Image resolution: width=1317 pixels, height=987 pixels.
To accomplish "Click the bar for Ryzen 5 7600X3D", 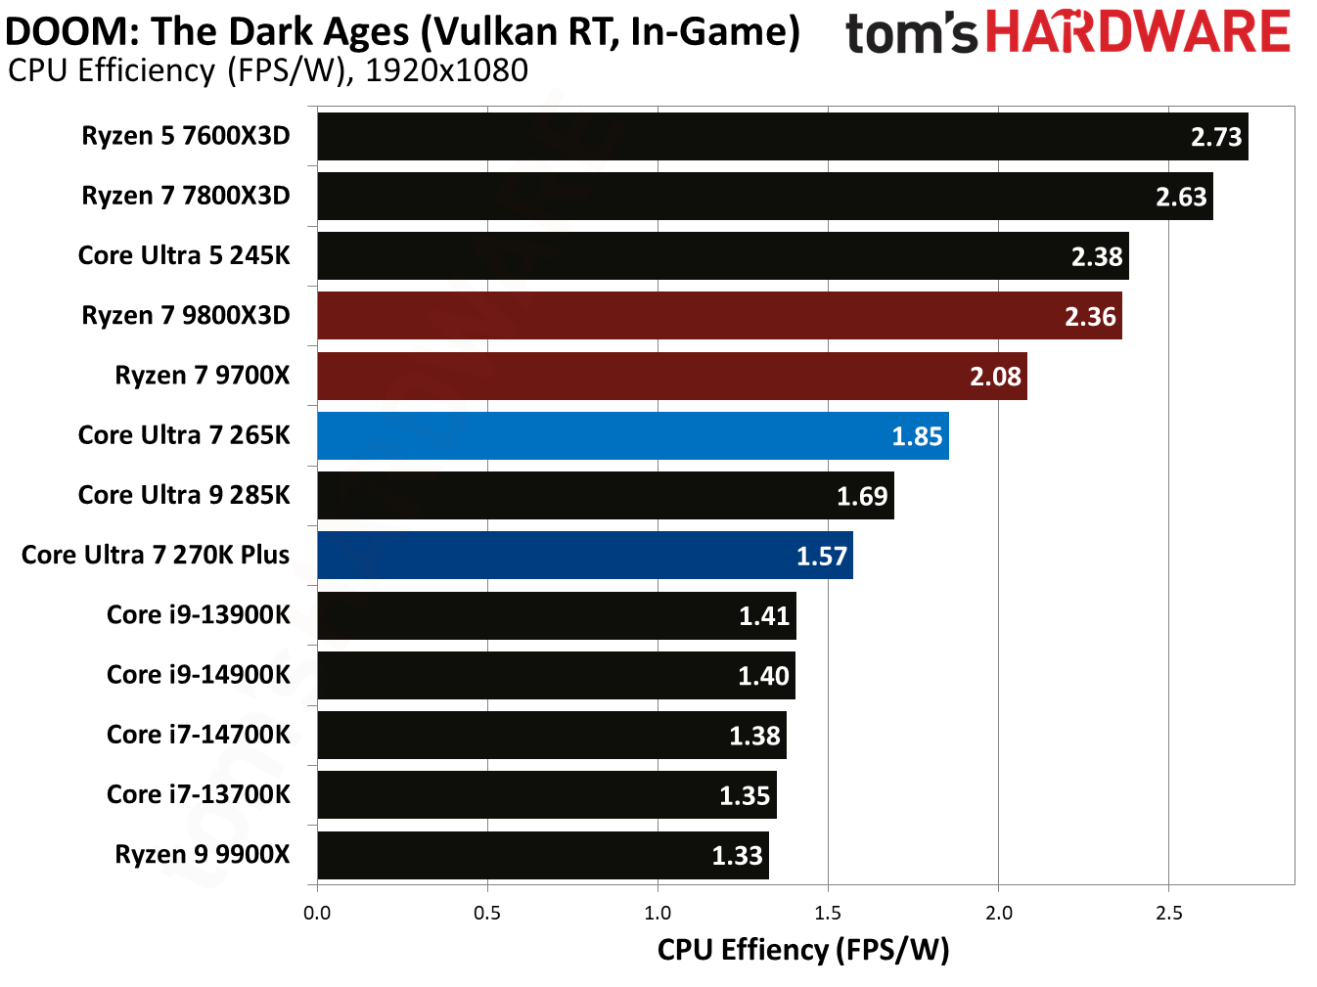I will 783,136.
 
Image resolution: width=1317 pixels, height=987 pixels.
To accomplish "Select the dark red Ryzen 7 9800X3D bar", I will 719,316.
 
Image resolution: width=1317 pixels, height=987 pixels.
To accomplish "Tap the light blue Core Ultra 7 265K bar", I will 633,436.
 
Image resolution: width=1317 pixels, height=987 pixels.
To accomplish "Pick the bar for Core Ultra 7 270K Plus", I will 585,556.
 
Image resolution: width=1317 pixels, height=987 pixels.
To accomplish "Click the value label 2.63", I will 1181,197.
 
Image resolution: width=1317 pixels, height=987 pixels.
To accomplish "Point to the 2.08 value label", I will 995,377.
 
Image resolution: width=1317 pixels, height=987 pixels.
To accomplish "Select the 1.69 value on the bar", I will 862,496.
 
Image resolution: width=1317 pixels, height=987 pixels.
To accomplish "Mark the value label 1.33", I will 737,856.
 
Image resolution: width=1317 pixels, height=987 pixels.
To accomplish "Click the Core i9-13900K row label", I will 198,615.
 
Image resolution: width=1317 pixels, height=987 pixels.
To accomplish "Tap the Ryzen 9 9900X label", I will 202,855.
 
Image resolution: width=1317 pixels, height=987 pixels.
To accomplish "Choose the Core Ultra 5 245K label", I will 184,256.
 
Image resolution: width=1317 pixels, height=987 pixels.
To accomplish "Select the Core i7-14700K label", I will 198,735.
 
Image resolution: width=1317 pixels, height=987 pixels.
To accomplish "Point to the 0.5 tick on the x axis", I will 487,914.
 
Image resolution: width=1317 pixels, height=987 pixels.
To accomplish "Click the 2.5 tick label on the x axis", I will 1168,914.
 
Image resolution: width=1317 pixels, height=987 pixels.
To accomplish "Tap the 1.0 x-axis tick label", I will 658,914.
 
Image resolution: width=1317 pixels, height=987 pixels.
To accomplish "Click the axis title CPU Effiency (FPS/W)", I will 803,950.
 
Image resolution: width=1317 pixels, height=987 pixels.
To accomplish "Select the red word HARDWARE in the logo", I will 1138,32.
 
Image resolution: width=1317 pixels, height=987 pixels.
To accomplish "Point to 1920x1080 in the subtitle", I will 446,70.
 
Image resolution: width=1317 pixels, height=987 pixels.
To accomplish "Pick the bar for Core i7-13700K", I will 547,795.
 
